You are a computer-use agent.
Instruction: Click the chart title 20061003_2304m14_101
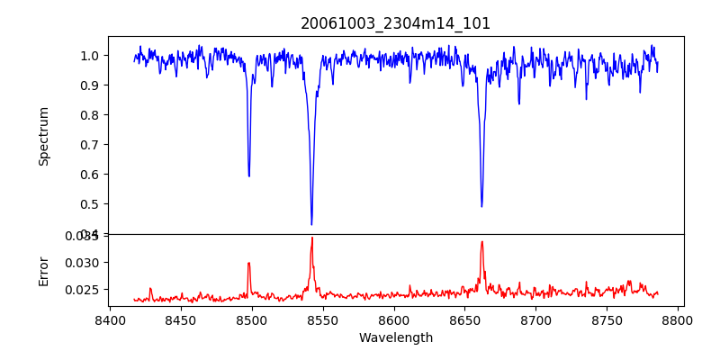(x=396, y=23)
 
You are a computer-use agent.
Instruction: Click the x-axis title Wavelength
(x=396, y=338)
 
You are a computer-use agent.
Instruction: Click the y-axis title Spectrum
(x=44, y=136)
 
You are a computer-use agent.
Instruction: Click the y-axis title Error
(x=44, y=270)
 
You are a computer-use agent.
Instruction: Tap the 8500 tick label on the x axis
(x=252, y=320)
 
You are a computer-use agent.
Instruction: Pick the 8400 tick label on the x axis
(x=110, y=320)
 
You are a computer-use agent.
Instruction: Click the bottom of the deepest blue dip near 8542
(x=311, y=224)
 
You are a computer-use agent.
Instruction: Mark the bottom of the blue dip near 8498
(x=249, y=175)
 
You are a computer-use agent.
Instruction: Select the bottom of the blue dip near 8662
(x=481, y=206)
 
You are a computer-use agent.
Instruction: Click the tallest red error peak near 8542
(x=311, y=238)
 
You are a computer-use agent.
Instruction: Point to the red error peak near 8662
(x=481, y=241)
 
